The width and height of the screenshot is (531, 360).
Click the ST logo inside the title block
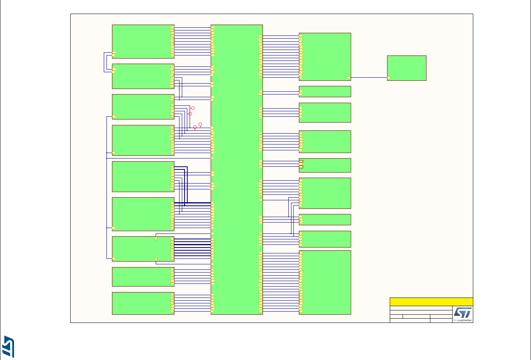(462, 312)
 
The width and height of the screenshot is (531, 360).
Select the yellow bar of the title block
(431, 302)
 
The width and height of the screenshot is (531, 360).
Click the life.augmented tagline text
(463, 321)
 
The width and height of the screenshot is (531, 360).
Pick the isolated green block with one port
(407, 68)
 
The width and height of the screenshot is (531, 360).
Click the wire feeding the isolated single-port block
(369, 78)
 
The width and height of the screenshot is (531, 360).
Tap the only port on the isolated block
(389, 78)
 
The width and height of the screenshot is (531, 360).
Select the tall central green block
(236, 169)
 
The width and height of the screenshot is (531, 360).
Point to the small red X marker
(179, 88)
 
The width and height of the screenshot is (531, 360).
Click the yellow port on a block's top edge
(156, 238)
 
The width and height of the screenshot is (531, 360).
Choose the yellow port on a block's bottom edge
(156, 259)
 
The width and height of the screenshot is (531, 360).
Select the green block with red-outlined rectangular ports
(325, 165)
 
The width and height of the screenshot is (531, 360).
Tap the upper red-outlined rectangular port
(301, 161)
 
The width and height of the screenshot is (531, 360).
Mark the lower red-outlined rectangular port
(301, 167)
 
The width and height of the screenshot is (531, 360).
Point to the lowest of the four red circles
(195, 127)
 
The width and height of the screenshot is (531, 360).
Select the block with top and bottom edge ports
(143, 249)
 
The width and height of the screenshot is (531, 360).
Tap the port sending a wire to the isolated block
(348, 78)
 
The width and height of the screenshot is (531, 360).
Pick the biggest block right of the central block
(325, 282)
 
